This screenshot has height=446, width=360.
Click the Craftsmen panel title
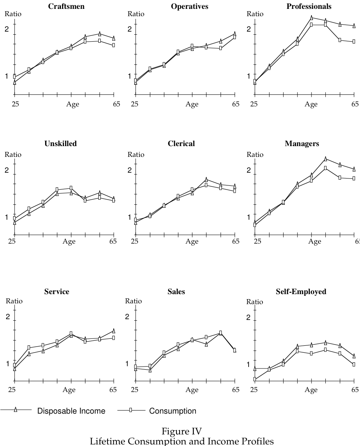[x=66, y=7]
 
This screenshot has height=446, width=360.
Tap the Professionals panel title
[x=309, y=7]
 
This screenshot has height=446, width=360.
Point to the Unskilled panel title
[x=61, y=143]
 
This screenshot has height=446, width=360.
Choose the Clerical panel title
[x=181, y=143]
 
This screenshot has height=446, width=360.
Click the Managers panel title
[x=302, y=143]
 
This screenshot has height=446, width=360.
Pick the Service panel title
[x=57, y=291]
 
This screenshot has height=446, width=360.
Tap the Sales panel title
[x=176, y=291]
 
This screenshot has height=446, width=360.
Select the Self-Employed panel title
[x=301, y=291]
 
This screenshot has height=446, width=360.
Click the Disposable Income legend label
[x=71, y=411]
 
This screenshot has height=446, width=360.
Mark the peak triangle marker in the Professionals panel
[x=311, y=17]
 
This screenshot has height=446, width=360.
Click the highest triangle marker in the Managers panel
[x=325, y=158]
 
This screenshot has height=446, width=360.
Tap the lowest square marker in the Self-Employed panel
[x=254, y=379]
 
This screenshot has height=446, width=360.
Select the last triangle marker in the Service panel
[x=114, y=330]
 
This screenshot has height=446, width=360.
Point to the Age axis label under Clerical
[x=192, y=241]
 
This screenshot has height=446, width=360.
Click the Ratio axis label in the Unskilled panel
[x=13, y=155]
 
